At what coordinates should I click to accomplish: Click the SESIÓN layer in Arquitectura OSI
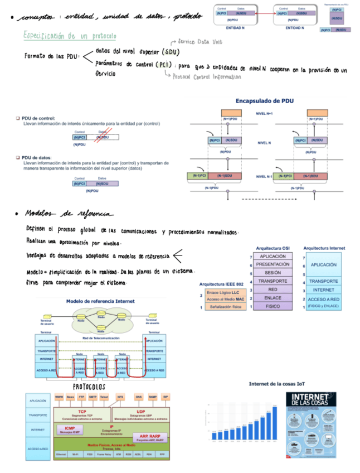point(273,273)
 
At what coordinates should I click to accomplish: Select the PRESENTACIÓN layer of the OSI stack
point(273,264)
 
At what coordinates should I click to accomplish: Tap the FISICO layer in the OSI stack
point(273,306)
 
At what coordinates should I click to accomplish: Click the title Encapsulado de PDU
point(265,101)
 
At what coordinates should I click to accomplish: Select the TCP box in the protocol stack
point(81,413)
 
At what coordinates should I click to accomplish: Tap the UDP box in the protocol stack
point(140,413)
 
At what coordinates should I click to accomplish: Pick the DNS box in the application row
point(139,397)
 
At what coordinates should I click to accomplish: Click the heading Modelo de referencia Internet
point(100,301)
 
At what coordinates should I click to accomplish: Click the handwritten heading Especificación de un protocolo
point(69,36)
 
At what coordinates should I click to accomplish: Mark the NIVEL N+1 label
point(265,113)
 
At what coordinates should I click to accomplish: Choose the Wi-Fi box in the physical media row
point(75,455)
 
